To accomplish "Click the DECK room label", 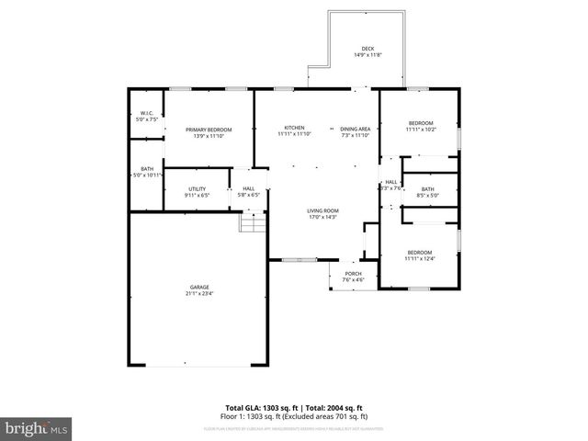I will (x=367, y=49).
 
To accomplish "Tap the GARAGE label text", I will (x=200, y=288).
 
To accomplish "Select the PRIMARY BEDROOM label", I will (x=209, y=130).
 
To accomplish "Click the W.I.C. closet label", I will (x=146, y=114).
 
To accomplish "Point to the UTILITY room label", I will (x=198, y=188).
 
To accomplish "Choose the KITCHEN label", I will (x=294, y=128).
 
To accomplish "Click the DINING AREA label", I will (x=355, y=128).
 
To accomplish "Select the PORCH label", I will (x=353, y=274).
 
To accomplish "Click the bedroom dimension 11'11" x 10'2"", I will (x=420, y=130).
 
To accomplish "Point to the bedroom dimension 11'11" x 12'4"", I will (x=420, y=258).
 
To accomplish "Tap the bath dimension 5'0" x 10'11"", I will (x=147, y=175).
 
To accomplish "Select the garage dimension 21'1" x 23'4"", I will (x=200, y=294).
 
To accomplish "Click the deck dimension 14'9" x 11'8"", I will (x=367, y=55).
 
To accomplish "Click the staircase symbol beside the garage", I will (x=252, y=222).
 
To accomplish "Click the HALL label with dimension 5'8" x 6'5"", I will (x=248, y=188).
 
